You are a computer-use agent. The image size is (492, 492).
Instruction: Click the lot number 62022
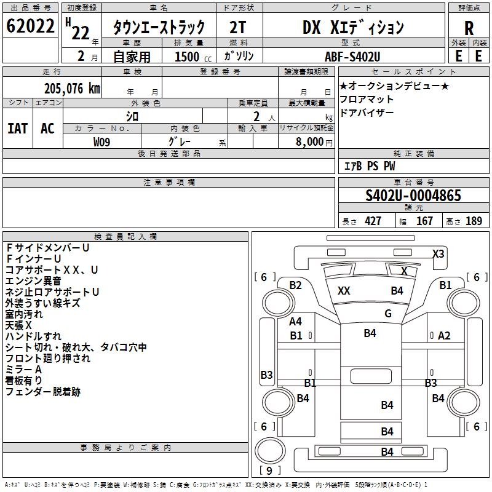(x=30, y=27)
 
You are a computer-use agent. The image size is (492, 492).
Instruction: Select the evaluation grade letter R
(x=469, y=28)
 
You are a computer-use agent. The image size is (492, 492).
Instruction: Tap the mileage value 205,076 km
(x=72, y=89)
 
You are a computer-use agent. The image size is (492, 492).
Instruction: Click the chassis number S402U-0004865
(x=413, y=196)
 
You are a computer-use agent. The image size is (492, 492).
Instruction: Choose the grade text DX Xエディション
(x=353, y=28)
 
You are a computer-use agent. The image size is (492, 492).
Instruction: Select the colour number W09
(x=102, y=141)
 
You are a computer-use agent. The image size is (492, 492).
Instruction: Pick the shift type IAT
(x=18, y=128)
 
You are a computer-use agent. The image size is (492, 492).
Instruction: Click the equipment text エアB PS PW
(x=369, y=166)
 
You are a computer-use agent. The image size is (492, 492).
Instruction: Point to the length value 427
(x=373, y=221)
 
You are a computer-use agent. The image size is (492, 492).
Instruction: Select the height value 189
(x=474, y=221)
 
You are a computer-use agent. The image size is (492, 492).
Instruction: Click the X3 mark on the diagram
(x=438, y=253)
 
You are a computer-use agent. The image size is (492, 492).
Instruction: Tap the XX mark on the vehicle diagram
(x=344, y=291)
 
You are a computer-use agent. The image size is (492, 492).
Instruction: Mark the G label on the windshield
(x=388, y=314)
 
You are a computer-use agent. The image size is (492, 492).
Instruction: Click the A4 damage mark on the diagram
(x=296, y=322)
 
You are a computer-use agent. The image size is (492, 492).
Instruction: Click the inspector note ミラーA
(x=23, y=369)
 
